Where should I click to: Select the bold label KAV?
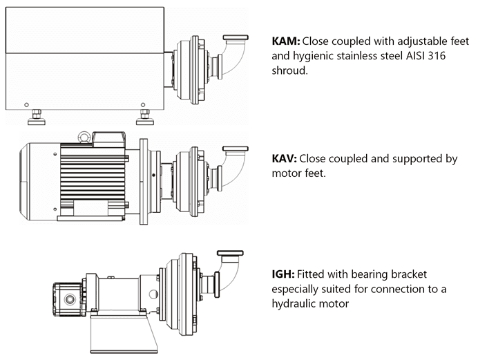tap(285, 159)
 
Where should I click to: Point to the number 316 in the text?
tap(441, 56)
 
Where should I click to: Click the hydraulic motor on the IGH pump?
tap(69, 298)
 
